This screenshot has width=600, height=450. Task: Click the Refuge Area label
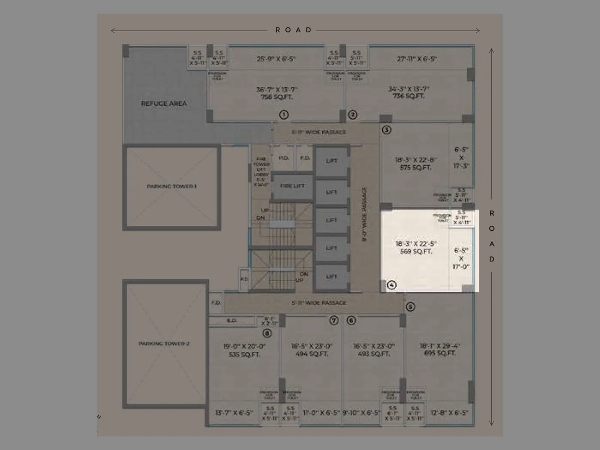tap(164, 103)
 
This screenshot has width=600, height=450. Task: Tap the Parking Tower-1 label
tap(172, 186)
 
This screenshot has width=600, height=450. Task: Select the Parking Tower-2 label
tap(164, 343)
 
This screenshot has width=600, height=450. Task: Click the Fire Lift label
tap(292, 186)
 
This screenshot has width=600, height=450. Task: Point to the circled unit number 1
tap(284, 115)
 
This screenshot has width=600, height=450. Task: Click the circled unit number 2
tap(352, 115)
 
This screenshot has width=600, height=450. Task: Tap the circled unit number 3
tap(386, 130)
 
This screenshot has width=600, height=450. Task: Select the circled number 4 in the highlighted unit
tap(391, 285)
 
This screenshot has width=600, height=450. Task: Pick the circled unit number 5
tap(410, 307)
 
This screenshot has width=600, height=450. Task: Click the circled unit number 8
tap(267, 333)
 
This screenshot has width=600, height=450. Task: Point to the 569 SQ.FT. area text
tap(416, 252)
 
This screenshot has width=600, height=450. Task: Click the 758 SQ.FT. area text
tap(277, 97)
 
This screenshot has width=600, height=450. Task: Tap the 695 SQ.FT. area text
tap(439, 353)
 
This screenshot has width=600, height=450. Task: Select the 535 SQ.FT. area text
tap(244, 354)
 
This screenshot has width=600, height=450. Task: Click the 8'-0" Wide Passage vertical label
tap(364, 214)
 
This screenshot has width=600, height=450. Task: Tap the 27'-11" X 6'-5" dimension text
tap(417, 59)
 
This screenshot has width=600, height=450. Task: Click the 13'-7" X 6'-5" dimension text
tap(234, 413)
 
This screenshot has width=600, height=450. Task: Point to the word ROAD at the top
tap(294, 30)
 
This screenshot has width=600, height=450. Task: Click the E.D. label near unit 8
tap(232, 321)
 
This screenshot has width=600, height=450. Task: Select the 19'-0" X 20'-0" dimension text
tap(244, 346)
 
